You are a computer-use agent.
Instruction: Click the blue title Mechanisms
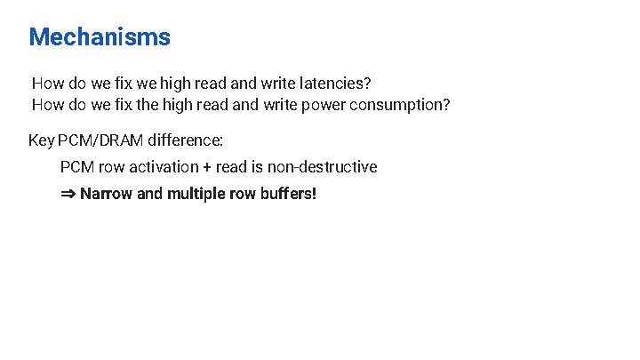(x=100, y=37)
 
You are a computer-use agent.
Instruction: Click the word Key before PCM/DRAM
(x=41, y=140)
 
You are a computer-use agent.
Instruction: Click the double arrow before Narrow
(x=68, y=193)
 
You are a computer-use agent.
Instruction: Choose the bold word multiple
(x=195, y=193)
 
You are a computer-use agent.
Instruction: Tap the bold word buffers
(x=288, y=193)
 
